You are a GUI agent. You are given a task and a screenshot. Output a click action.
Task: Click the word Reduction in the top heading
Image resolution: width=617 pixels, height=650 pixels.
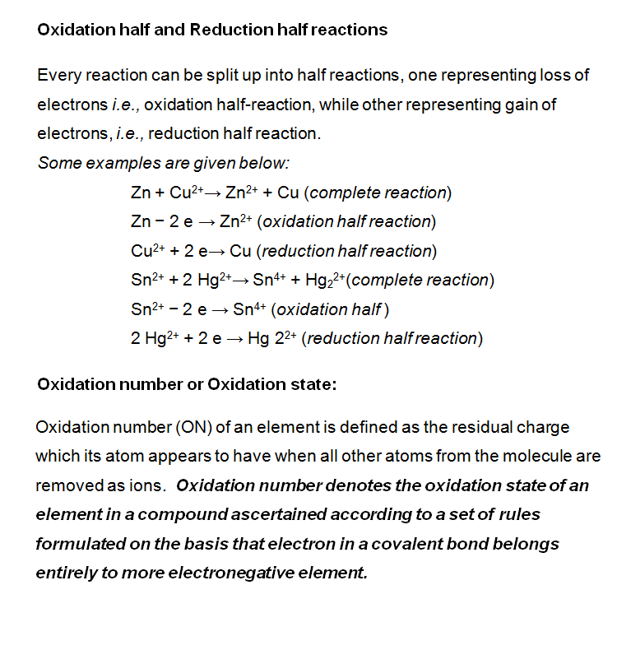224,30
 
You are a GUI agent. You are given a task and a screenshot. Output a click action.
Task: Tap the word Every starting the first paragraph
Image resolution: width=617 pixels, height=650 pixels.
58,75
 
